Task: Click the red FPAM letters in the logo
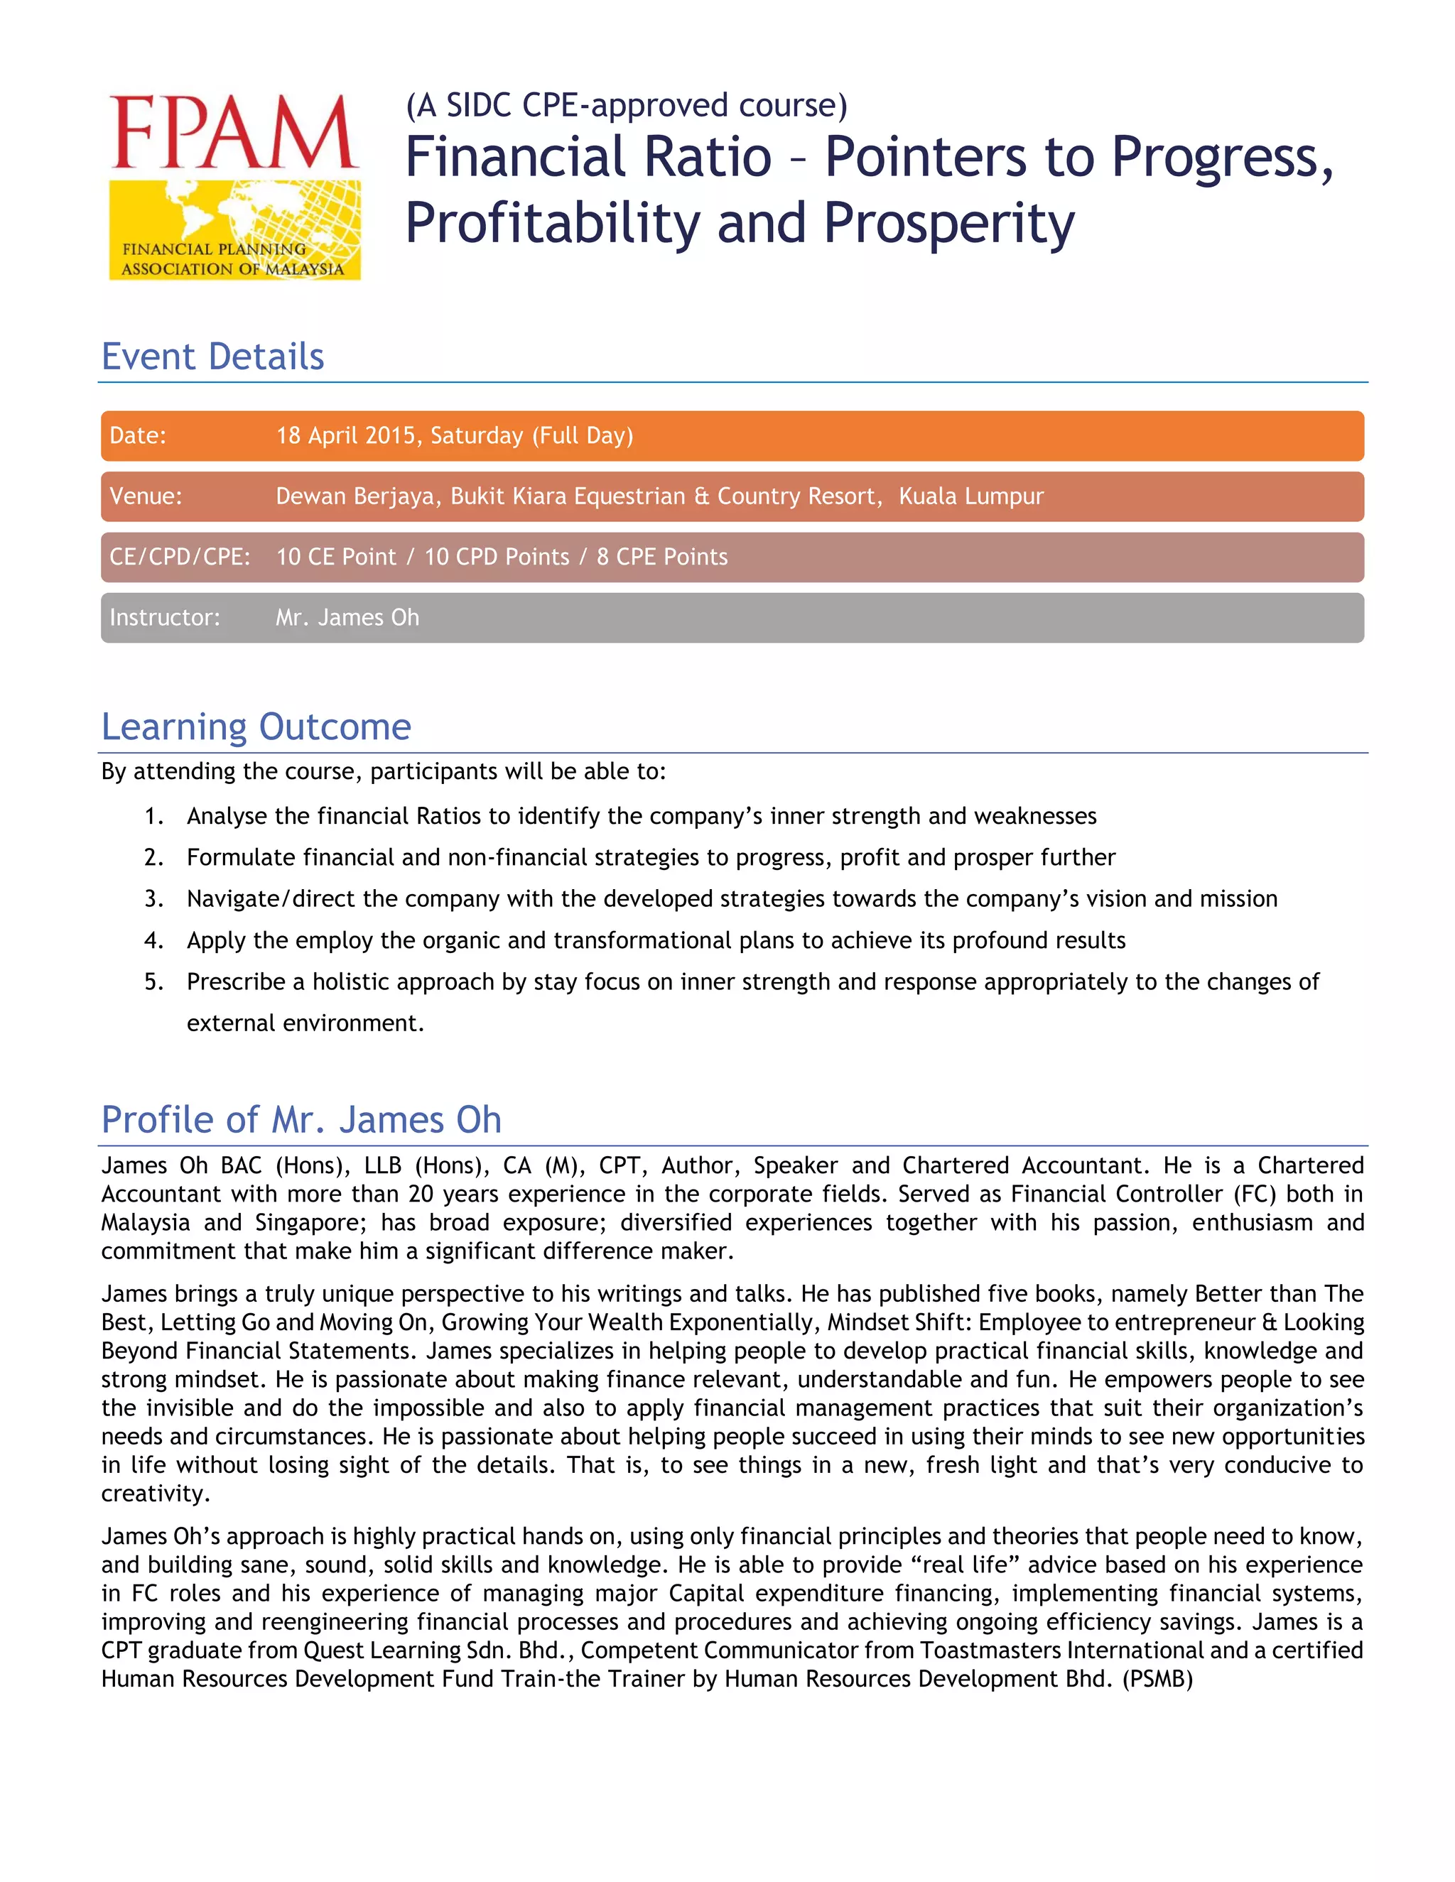[x=234, y=133]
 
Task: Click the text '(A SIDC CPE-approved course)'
[x=627, y=105]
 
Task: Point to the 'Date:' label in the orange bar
[x=138, y=436]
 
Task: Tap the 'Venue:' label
[x=146, y=496]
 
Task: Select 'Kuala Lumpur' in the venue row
[x=970, y=496]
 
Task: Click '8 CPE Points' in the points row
[x=662, y=557]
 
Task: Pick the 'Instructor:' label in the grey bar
[x=165, y=618]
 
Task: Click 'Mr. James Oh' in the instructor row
[x=347, y=618]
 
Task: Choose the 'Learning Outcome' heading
[x=256, y=727]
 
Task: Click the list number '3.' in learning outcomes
[x=154, y=899]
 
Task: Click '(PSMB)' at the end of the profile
[x=1157, y=1680]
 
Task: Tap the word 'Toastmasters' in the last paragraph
[x=990, y=1651]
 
